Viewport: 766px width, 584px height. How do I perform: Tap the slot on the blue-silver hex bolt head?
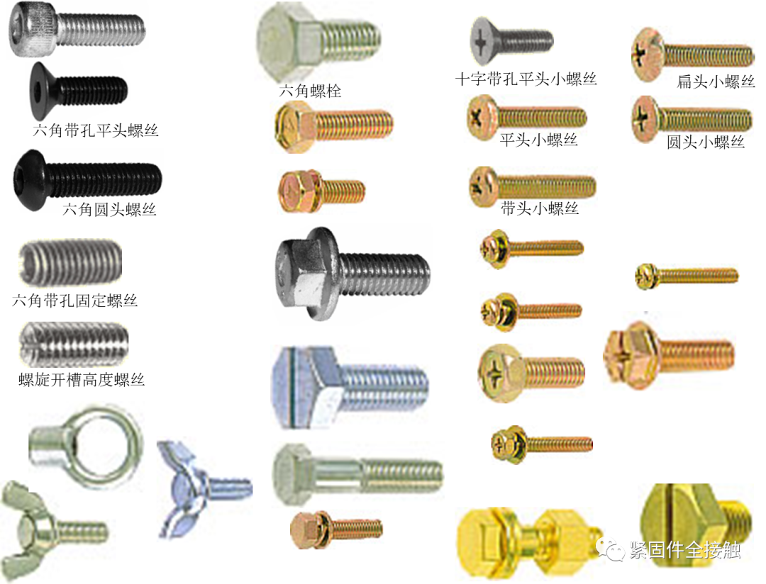(285, 387)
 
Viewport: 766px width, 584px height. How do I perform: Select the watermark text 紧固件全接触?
(684, 550)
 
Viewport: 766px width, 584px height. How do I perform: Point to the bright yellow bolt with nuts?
(528, 542)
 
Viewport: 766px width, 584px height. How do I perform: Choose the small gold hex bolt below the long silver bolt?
(336, 529)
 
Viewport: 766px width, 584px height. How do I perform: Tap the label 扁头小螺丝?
(715, 80)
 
